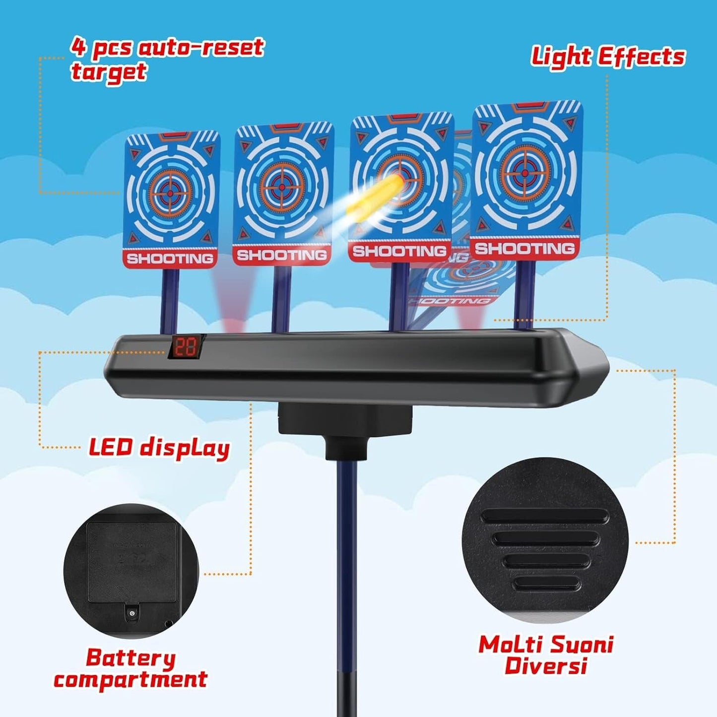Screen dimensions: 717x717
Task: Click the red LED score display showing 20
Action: click(x=187, y=347)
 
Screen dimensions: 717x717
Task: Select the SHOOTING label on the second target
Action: click(x=282, y=255)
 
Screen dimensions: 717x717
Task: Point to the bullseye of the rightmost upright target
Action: click(x=525, y=173)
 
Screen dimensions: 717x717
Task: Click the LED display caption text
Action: click(x=159, y=448)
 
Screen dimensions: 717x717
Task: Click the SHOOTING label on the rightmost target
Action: click(x=524, y=248)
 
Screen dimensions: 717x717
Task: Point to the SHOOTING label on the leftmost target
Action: click(x=170, y=259)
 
